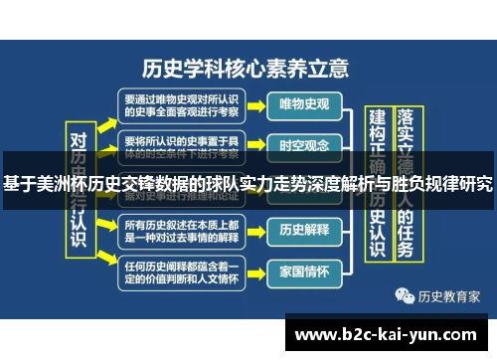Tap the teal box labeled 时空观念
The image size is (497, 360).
pyautogui.click(x=304, y=144)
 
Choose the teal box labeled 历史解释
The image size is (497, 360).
pyautogui.click(x=304, y=229)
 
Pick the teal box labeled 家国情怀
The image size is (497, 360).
pyautogui.click(x=304, y=270)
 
